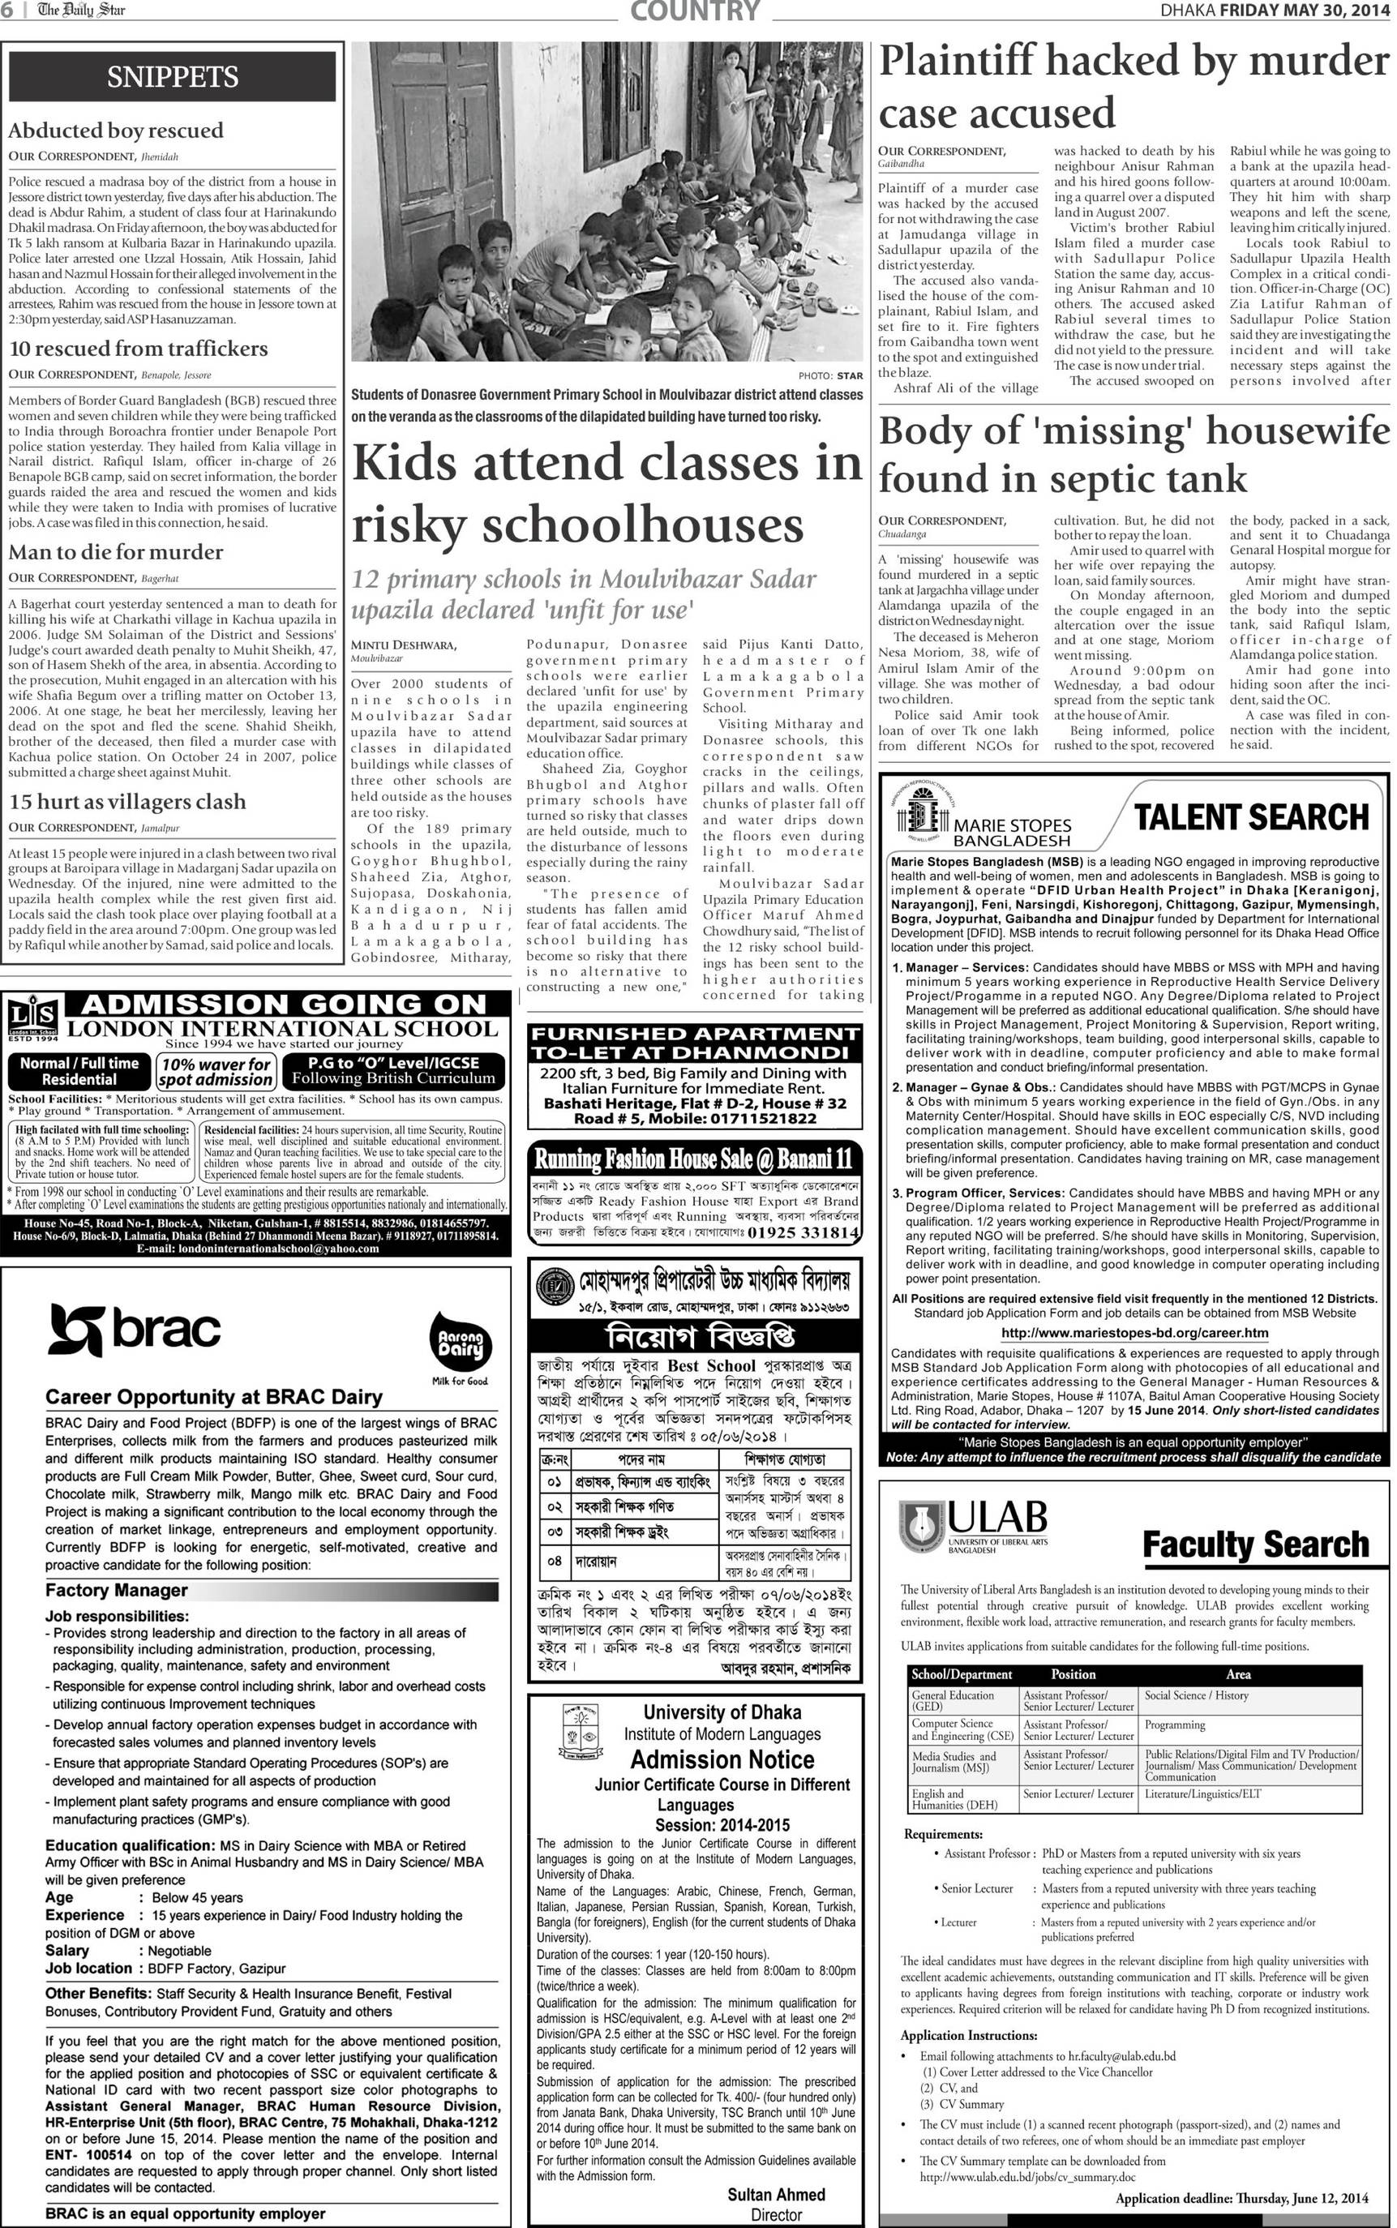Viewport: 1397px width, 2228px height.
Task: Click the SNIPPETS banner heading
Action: click(172, 77)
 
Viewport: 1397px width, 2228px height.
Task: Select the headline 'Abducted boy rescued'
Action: click(117, 131)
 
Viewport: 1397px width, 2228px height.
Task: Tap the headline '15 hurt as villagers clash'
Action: click(127, 802)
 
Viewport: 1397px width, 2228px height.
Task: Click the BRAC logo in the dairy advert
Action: click(135, 1329)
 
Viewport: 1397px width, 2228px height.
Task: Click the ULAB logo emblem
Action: click(921, 1525)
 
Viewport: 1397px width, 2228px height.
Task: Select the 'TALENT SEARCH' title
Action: click(1251, 817)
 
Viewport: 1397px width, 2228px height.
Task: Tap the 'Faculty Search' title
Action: click(1256, 1545)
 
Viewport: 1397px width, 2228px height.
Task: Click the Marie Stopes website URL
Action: click(1134, 1333)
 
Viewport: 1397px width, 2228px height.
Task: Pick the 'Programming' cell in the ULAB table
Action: click(1176, 1725)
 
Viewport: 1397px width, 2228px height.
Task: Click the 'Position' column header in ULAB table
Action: click(1073, 1673)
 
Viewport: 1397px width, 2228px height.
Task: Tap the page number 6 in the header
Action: click(6, 11)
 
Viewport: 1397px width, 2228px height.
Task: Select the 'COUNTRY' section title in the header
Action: click(695, 11)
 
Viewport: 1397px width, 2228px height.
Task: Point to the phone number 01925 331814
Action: click(803, 1233)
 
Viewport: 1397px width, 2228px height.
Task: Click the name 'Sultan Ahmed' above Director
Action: click(776, 2194)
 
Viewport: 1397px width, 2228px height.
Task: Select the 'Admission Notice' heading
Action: click(722, 1759)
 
